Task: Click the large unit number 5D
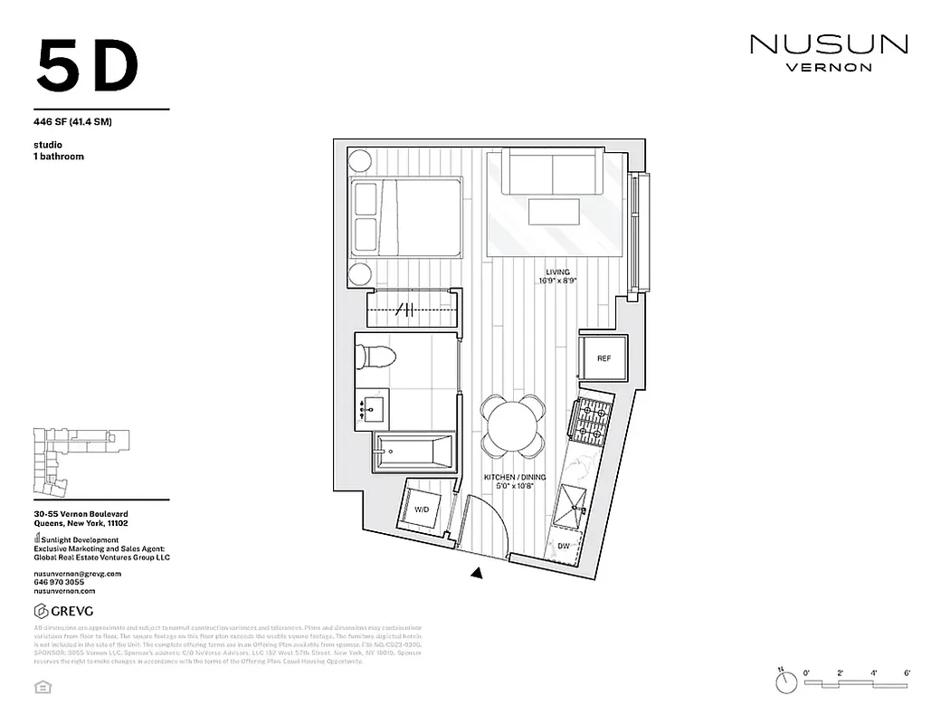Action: pyautogui.click(x=88, y=66)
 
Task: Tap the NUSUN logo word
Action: pyautogui.click(x=828, y=43)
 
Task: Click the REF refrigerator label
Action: pyautogui.click(x=604, y=359)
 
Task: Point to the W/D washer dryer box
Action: pyautogui.click(x=423, y=510)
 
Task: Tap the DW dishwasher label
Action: pyautogui.click(x=564, y=546)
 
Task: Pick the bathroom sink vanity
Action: pyautogui.click(x=371, y=410)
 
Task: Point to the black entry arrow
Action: pyautogui.click(x=477, y=572)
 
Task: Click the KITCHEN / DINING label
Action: pyautogui.click(x=509, y=477)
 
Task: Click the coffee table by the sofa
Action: pyautogui.click(x=555, y=213)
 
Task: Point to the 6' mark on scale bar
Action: pyautogui.click(x=907, y=673)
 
